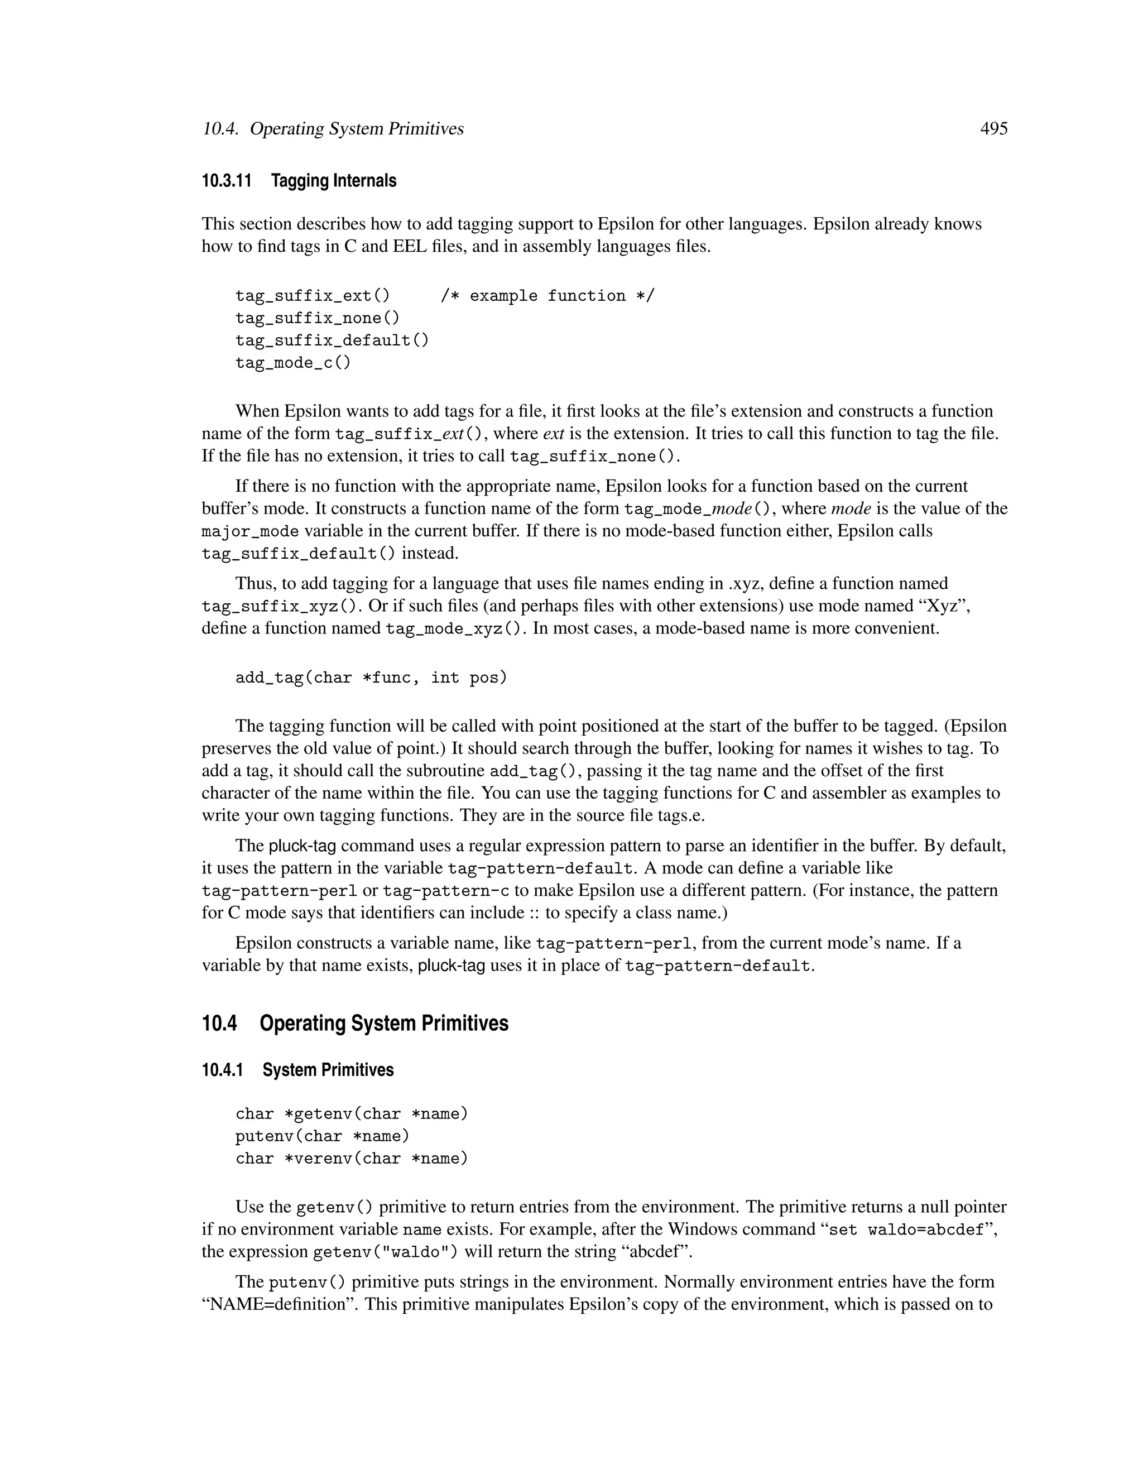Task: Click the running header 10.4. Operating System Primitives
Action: point(333,129)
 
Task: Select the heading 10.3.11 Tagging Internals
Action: point(299,181)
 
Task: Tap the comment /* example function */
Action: point(547,296)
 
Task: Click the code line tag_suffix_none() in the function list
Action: point(318,318)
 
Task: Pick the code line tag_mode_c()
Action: point(293,363)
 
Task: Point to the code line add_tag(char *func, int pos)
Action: point(371,678)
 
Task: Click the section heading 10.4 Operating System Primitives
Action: point(355,1023)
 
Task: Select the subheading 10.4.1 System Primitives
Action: point(297,1070)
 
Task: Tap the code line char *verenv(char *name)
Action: point(352,1159)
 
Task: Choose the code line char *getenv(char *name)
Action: point(352,1114)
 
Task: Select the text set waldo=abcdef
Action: point(906,1230)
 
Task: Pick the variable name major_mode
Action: point(250,531)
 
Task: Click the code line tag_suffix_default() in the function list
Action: point(332,340)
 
